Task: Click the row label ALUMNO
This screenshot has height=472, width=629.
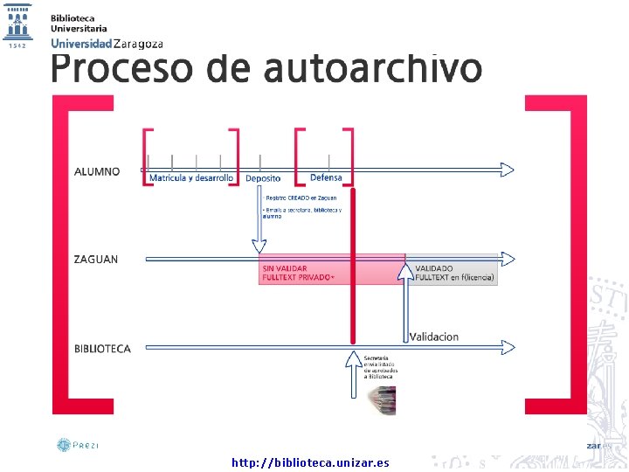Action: (x=97, y=172)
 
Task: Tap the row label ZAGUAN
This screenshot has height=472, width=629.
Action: (x=96, y=260)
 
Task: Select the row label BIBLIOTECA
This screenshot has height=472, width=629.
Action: (x=102, y=349)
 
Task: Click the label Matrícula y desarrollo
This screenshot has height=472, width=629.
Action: (x=191, y=178)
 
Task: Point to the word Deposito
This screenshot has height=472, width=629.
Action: (x=263, y=178)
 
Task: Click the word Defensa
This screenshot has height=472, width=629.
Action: (x=326, y=178)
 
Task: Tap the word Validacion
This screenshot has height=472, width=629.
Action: (x=434, y=337)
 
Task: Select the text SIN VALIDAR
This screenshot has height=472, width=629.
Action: (x=285, y=268)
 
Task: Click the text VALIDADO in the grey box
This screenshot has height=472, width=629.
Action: (x=434, y=268)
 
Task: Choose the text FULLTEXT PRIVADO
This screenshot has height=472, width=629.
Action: (x=297, y=278)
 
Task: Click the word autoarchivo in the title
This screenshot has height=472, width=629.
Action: (x=373, y=68)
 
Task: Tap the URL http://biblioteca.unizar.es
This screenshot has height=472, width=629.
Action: (x=310, y=462)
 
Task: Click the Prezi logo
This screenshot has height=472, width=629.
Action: (x=78, y=445)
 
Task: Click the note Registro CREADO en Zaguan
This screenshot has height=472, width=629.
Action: (x=301, y=198)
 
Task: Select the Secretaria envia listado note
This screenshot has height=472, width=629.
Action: (x=380, y=366)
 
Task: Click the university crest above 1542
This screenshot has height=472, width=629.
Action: (x=17, y=21)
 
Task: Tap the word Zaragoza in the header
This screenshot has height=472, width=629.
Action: (x=138, y=43)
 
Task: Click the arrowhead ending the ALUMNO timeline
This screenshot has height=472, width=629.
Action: (x=508, y=169)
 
